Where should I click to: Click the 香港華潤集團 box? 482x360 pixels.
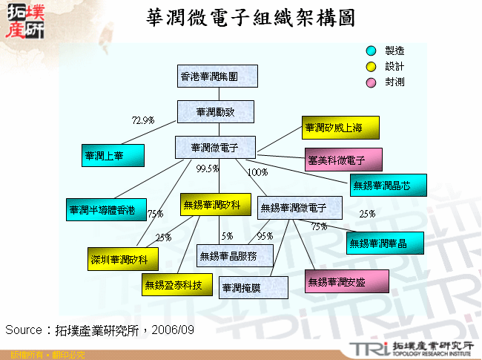(217, 76)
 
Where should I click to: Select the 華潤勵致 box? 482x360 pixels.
(216, 111)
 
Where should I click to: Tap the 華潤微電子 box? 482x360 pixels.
(215, 147)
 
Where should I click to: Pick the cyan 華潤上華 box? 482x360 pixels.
(113, 155)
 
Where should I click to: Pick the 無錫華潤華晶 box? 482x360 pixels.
(386, 243)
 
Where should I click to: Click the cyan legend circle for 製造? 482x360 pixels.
(372, 51)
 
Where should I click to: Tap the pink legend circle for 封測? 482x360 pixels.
(372, 82)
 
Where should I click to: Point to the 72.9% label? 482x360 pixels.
(142, 120)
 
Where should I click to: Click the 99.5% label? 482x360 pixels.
(207, 168)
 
